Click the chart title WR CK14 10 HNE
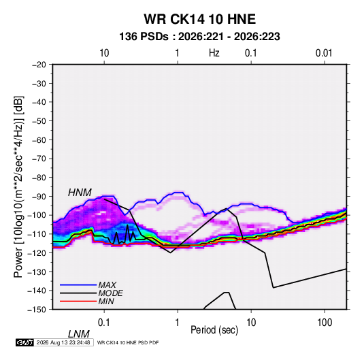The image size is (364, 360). pos(199,19)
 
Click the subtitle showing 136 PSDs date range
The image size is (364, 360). pos(199,37)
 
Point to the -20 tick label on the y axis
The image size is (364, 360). pos(39,65)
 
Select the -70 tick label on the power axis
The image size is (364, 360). pos(39,159)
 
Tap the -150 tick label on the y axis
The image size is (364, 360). pos(37,310)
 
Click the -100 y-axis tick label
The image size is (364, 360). pos(37,215)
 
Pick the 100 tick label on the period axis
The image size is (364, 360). pos(325,323)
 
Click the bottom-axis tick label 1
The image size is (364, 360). pos(178,323)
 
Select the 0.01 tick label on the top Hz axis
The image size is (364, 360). pos(324,53)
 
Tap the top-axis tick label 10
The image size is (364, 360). pos(104,53)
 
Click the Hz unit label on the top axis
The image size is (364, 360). pos(214,53)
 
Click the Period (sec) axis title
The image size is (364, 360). pos(214,330)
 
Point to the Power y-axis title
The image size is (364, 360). pos(18,187)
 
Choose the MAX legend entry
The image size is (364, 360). pos(107,285)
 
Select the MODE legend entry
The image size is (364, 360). pos(110,293)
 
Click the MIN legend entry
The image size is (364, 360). pos(106,301)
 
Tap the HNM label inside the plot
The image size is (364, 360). pos(80,193)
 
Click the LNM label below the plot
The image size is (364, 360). pos(79,334)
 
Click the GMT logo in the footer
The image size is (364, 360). pos(24,342)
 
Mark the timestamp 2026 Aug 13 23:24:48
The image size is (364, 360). pos(63,342)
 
